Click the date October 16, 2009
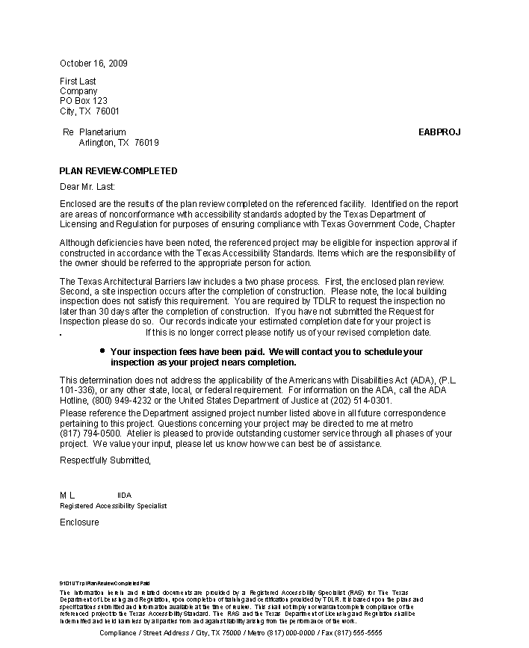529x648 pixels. click(x=93, y=63)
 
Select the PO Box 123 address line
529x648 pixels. click(x=84, y=101)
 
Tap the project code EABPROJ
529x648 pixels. click(x=439, y=132)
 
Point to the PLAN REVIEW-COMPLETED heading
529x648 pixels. click(x=118, y=171)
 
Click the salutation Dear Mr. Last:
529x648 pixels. click(x=87, y=187)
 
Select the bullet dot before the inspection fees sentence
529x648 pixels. click(x=102, y=351)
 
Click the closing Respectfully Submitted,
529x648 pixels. click(x=105, y=460)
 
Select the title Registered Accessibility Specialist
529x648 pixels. click(x=113, y=506)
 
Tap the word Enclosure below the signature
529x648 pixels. click(x=79, y=522)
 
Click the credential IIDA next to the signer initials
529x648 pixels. click(x=124, y=496)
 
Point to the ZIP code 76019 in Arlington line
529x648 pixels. click(x=146, y=142)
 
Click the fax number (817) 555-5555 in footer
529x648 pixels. click(x=357, y=632)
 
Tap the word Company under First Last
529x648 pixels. click(x=78, y=91)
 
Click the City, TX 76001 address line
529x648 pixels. click(x=90, y=111)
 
